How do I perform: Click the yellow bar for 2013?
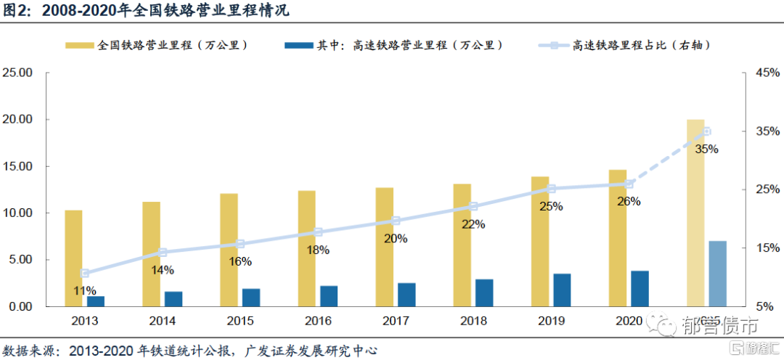[x=73, y=258]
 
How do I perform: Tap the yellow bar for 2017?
[x=385, y=247]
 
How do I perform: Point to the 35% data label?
[x=706, y=150]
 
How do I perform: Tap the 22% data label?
[x=473, y=224]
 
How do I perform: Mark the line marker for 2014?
[x=162, y=253]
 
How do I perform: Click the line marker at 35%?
[x=706, y=131]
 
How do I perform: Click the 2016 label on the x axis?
[x=318, y=320]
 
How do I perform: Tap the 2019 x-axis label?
[x=551, y=320]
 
